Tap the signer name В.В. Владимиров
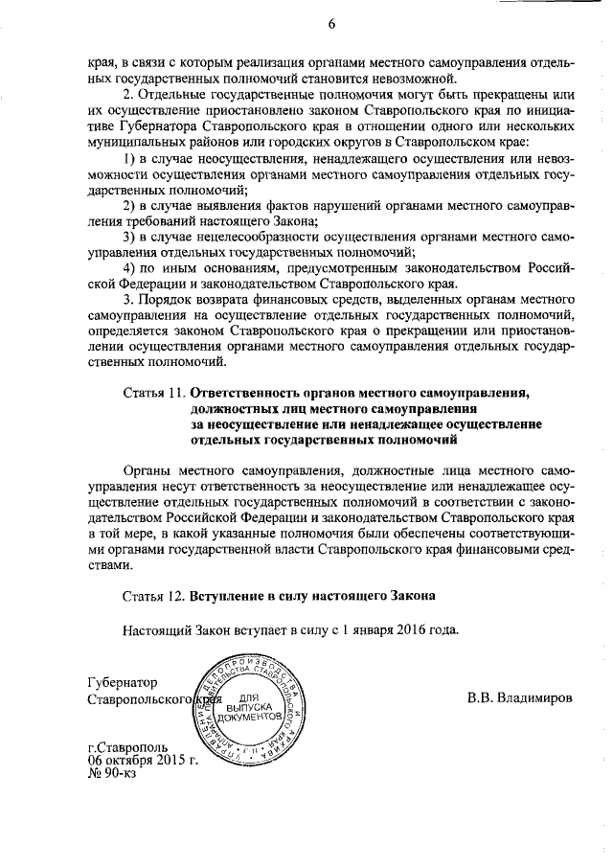point(519,698)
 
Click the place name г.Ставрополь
point(127,746)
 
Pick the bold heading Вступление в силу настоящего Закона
point(313,595)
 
